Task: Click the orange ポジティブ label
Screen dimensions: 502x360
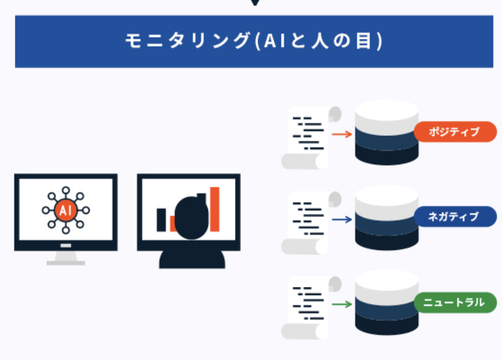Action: pyautogui.click(x=455, y=131)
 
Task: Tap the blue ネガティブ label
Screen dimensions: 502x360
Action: pyautogui.click(x=455, y=217)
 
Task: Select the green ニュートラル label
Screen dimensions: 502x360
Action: pyautogui.click(x=455, y=302)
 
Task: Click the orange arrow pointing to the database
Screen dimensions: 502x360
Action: pyautogui.click(x=342, y=134)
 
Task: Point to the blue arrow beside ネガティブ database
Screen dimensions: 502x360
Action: pyautogui.click(x=342, y=220)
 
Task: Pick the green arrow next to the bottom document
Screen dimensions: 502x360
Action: pyautogui.click(x=342, y=304)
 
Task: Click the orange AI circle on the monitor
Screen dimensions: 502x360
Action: pyautogui.click(x=65, y=210)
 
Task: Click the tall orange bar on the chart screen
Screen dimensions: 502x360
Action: pyautogui.click(x=214, y=209)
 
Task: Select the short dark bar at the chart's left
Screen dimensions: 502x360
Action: pyautogui.click(x=161, y=220)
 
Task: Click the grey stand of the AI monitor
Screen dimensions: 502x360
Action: pyautogui.click(x=65, y=258)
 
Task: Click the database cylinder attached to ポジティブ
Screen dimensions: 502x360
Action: pyautogui.click(x=387, y=132)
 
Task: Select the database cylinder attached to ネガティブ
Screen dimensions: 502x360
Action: pyautogui.click(x=387, y=218)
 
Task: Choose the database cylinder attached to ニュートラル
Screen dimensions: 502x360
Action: pyautogui.click(x=387, y=303)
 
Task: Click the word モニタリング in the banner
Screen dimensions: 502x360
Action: pyautogui.click(x=188, y=41)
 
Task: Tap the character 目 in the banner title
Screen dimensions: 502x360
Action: pyautogui.click(x=364, y=41)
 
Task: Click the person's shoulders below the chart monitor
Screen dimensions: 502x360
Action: pyautogui.click(x=192, y=259)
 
